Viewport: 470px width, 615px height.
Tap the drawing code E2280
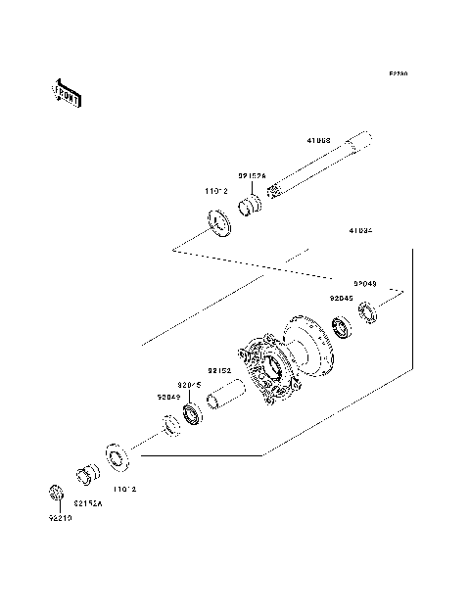[398, 73]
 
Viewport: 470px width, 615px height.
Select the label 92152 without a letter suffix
[218, 371]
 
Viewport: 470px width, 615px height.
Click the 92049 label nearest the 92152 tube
[167, 397]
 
